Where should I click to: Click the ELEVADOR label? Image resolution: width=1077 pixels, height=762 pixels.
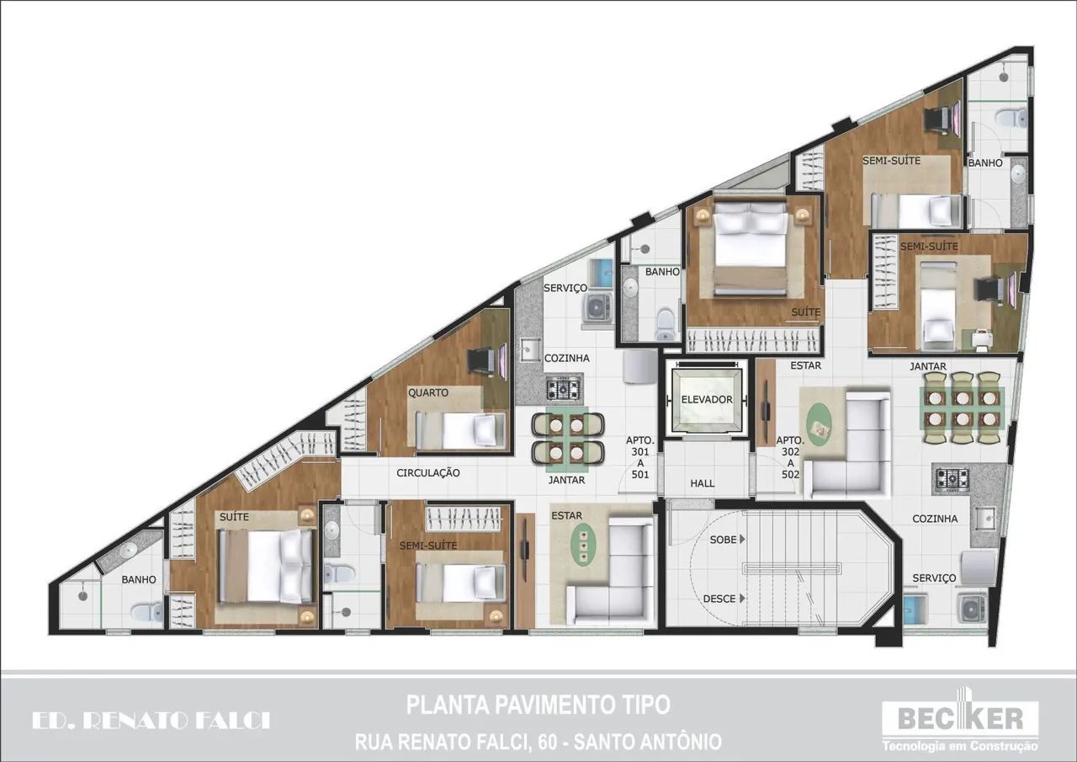tap(707, 399)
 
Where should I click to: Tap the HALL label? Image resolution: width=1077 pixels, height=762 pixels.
tap(702, 483)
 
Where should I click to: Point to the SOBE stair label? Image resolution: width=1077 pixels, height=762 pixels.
tap(723, 539)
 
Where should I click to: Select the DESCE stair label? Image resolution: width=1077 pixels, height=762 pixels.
tap(719, 599)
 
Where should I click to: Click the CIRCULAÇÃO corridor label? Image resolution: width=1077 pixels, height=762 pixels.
tap(428, 473)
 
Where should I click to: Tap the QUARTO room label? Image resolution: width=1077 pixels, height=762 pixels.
tap(428, 392)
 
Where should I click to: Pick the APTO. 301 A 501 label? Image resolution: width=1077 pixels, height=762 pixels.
tap(640, 457)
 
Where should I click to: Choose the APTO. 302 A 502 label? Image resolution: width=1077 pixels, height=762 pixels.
tap(790, 457)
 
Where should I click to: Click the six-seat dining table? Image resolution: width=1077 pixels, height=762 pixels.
tap(962, 408)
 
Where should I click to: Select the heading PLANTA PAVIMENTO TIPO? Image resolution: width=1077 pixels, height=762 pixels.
tap(538, 705)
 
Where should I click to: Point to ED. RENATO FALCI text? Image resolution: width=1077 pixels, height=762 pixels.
tap(151, 721)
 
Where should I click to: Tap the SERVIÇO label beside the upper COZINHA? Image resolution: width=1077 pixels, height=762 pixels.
tap(565, 288)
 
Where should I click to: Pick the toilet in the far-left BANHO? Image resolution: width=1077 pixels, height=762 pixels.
tap(146, 612)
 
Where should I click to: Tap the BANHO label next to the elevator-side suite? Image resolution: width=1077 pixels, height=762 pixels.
tap(662, 272)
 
